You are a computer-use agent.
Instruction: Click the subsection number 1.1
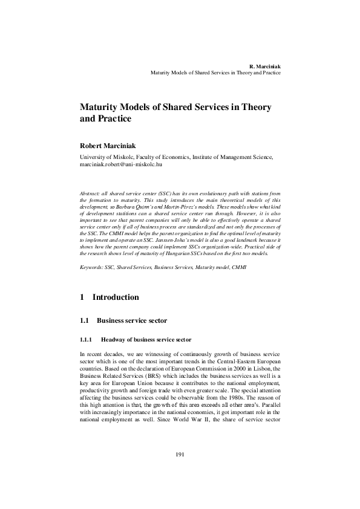[x=85, y=320]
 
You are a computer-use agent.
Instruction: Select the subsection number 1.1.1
[x=87, y=340]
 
